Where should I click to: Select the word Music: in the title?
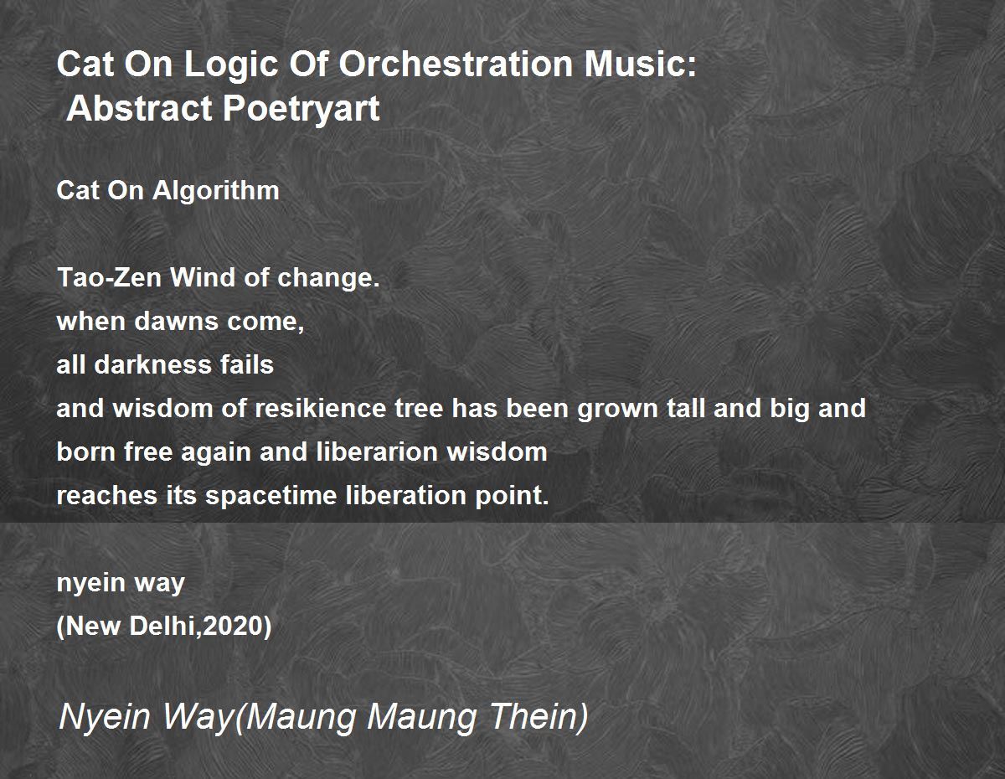(x=641, y=64)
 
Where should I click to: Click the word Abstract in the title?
(x=140, y=108)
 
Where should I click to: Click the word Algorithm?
(x=216, y=190)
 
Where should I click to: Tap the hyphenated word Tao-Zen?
(x=110, y=277)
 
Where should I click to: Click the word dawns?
(x=176, y=321)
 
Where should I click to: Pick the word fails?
(x=247, y=364)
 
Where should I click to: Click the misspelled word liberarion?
(x=378, y=451)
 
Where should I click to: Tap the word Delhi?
(x=162, y=627)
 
